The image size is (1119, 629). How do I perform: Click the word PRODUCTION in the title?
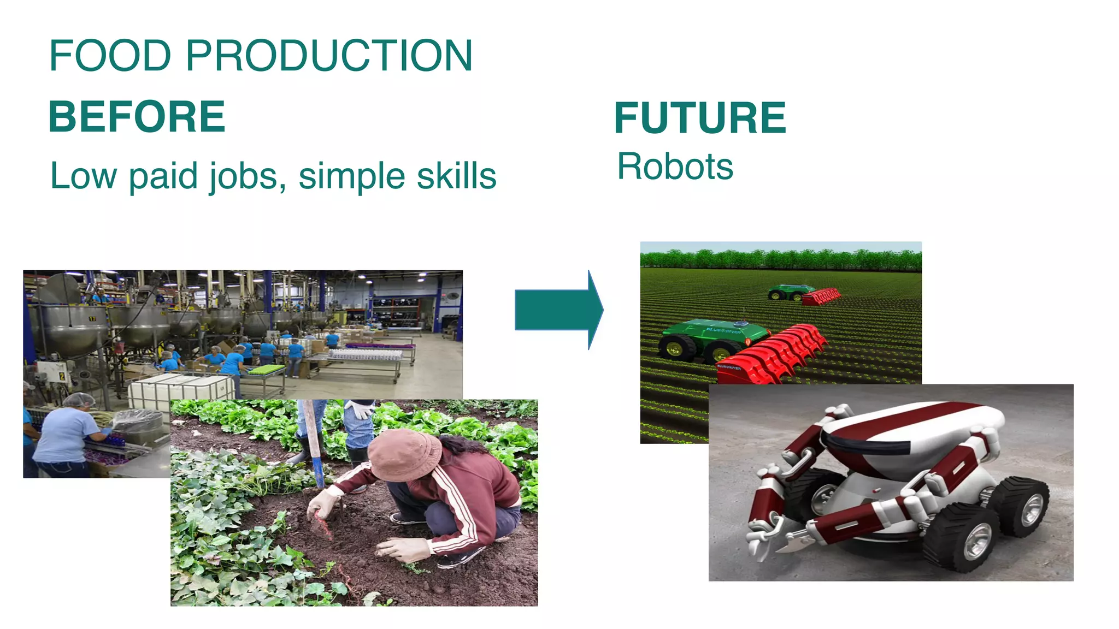[329, 56]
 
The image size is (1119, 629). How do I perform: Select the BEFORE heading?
[137, 117]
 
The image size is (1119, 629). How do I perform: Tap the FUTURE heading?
[700, 118]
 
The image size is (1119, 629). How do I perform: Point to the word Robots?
[675, 167]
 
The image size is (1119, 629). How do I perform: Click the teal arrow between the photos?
[557, 310]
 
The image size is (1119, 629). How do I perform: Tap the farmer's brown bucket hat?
[404, 454]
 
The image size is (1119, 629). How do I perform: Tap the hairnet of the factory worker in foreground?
[79, 400]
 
